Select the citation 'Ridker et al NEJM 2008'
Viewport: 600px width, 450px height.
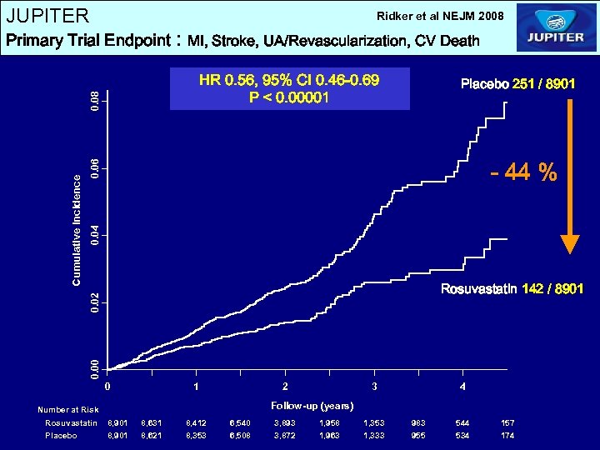440,16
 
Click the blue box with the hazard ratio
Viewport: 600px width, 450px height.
289,89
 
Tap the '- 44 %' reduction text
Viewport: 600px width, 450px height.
523,172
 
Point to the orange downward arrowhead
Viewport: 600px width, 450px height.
569,243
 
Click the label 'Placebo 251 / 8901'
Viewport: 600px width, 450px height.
517,84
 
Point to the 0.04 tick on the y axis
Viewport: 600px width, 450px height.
96,234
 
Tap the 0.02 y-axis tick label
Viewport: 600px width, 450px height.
96,301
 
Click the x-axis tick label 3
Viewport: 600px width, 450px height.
374,387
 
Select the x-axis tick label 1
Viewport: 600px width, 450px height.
196,387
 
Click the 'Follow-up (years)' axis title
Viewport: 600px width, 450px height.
312,406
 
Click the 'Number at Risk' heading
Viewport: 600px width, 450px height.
68,409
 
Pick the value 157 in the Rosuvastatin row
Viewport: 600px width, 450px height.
507,423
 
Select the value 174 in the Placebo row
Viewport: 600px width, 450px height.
507,435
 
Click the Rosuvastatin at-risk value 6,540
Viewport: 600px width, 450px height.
240,423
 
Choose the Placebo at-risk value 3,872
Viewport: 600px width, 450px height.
285,435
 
